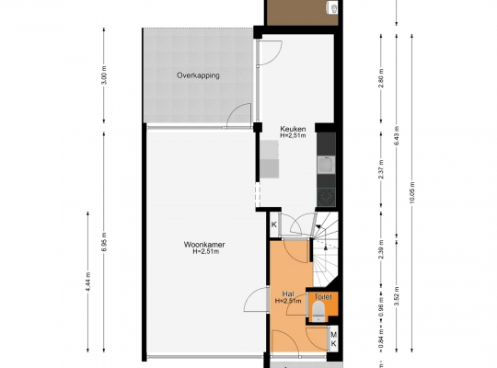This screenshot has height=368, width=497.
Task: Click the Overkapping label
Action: pyautogui.click(x=198, y=75)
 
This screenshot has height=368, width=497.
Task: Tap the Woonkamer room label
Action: pyautogui.click(x=204, y=245)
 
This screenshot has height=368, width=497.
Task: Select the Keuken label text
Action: pyautogui.click(x=293, y=129)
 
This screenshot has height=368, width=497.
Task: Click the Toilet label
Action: pyautogui.click(x=323, y=297)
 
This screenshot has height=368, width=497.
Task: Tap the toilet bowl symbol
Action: pyautogui.click(x=318, y=311)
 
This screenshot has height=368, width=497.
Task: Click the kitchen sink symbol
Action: pyautogui.click(x=326, y=164)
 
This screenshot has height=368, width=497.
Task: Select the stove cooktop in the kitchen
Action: pyautogui.click(x=326, y=197)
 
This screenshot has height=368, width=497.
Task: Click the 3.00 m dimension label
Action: pyautogui.click(x=105, y=75)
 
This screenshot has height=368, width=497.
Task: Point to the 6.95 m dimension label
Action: pyautogui.click(x=105, y=242)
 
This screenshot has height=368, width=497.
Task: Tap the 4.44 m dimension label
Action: pyautogui.click(x=88, y=282)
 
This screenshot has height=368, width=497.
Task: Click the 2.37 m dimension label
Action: pyautogui.click(x=381, y=169)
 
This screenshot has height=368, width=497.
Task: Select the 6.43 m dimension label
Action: pyautogui.click(x=397, y=135)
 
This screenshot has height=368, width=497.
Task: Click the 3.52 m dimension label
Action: pyautogui.click(x=397, y=295)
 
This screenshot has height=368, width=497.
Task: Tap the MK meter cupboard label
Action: pyautogui.click(x=333, y=339)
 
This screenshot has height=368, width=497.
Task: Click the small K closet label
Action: pyautogui.click(x=274, y=224)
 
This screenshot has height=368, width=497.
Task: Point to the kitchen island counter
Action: pyautogui.click(x=270, y=159)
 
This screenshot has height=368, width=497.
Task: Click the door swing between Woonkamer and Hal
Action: pyautogui.click(x=256, y=300)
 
